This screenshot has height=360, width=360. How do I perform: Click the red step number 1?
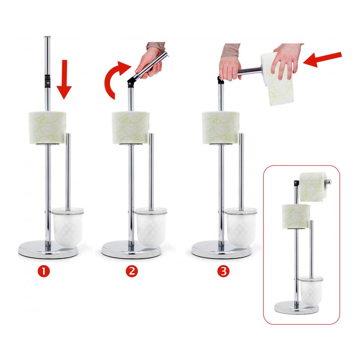coord(44,271)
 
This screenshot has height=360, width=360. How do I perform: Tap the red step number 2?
coord(132,271)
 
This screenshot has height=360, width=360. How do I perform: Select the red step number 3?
coord(223,271)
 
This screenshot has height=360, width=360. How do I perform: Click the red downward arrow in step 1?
coord(64,79)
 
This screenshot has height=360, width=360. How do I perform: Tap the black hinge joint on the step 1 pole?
coord(48,81)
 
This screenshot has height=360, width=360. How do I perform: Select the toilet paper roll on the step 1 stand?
coord(48,128)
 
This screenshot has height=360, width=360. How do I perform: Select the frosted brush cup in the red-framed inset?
coord(311,291)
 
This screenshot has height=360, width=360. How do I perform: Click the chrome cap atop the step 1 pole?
coord(47,37)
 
